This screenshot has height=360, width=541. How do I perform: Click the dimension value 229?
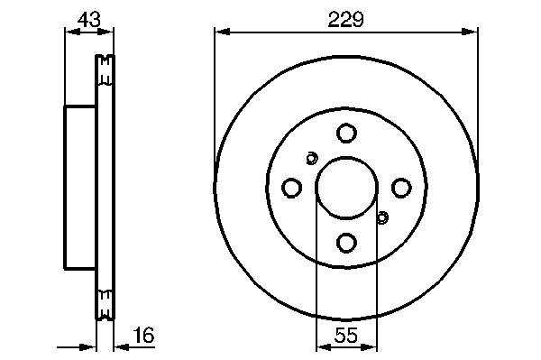coord(345,19)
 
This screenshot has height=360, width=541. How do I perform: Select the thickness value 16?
coord(143,335)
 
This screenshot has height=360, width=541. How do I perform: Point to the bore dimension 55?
coord(346,335)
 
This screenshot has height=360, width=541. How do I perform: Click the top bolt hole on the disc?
coord(346,133)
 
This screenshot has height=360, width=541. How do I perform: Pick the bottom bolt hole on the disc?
coord(346,243)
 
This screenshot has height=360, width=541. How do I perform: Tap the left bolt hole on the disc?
coord(291,188)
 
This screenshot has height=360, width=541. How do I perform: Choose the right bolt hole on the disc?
coord(401,188)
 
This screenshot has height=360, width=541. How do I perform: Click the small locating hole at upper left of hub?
coord(312,159)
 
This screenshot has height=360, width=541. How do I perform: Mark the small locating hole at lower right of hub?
coord(382,217)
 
